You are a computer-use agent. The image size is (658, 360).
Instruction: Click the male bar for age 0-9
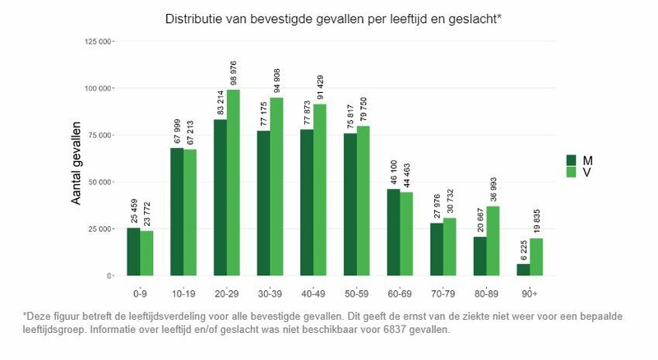(133, 252)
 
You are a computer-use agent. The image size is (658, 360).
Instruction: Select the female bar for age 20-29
(234, 182)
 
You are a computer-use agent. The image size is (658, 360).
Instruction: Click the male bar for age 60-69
(394, 233)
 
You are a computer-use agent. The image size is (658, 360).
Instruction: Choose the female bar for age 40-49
(321, 190)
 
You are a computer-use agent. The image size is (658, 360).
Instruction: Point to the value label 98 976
(234, 72)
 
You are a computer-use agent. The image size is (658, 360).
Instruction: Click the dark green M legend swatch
(573, 160)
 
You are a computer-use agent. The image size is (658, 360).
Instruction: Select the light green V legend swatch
(573, 172)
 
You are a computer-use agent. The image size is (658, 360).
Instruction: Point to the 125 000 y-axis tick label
(97, 40)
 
